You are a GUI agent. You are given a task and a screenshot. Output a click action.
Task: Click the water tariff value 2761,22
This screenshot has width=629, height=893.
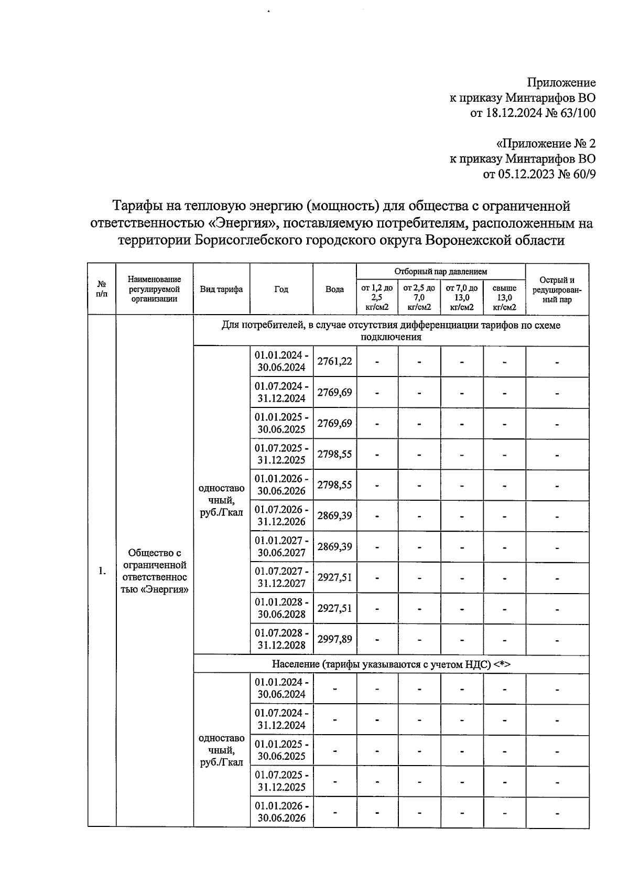(x=334, y=361)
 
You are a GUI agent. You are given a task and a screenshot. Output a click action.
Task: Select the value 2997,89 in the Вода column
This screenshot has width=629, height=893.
(x=334, y=639)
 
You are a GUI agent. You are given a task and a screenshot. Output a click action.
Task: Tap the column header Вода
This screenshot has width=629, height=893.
(x=334, y=289)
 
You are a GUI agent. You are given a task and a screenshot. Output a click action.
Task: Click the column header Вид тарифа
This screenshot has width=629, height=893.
(x=221, y=289)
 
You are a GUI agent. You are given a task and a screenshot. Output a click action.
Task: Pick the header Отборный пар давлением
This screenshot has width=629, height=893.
(x=440, y=272)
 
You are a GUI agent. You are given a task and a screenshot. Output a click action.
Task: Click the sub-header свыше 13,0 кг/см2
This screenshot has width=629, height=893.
(x=504, y=297)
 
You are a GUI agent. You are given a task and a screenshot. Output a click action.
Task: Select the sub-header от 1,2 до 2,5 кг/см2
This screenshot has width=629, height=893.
(x=377, y=297)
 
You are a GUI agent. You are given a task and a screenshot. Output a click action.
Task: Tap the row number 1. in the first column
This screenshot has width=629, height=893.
(x=102, y=571)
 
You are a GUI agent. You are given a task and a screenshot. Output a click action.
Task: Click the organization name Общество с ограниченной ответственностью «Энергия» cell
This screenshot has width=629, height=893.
(x=155, y=571)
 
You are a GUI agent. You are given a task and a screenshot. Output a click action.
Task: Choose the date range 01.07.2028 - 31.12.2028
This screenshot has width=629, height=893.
(x=281, y=639)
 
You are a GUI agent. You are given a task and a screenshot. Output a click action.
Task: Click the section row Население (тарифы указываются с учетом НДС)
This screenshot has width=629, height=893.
(x=391, y=664)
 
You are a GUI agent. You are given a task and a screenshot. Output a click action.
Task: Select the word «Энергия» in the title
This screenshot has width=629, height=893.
(x=243, y=223)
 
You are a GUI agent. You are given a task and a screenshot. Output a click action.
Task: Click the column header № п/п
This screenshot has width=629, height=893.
(x=102, y=289)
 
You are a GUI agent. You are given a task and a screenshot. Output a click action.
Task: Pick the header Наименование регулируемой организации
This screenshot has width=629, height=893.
(x=155, y=289)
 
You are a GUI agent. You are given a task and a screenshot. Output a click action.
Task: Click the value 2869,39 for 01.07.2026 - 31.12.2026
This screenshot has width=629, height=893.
(x=334, y=515)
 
